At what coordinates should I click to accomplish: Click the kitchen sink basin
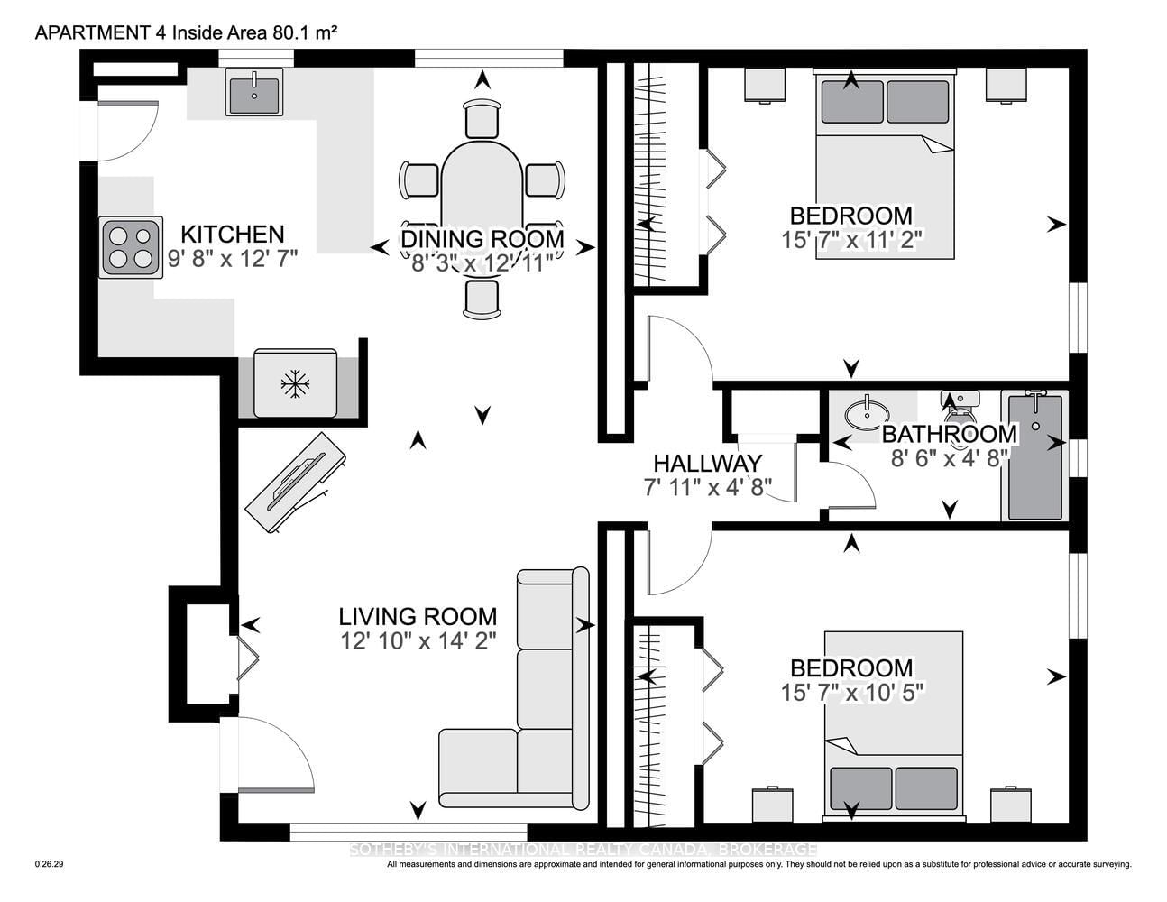coord(254,92)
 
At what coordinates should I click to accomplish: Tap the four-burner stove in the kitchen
coord(131,247)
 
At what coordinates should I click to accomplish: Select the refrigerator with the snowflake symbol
coord(296,383)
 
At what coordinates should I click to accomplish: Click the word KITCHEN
coord(232,235)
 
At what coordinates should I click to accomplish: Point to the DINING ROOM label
coord(482,239)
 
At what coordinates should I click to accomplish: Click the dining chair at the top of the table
coord(482,119)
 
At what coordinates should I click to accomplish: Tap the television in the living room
coord(296,483)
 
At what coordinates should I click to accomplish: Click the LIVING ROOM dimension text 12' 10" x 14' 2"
coord(418,641)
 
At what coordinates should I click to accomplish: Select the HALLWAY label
coord(707,464)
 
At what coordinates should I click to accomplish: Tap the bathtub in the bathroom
coord(1035,455)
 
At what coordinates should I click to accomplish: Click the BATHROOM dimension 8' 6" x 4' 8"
coord(950,458)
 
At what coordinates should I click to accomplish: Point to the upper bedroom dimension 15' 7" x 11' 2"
coord(851,240)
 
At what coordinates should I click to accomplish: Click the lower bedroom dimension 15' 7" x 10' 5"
coord(851,693)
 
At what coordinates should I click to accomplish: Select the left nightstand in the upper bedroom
coord(765,84)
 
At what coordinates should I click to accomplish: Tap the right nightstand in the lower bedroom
coord(1011,804)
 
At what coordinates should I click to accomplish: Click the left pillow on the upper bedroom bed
coord(852,102)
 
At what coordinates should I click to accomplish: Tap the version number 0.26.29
coord(49,864)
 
